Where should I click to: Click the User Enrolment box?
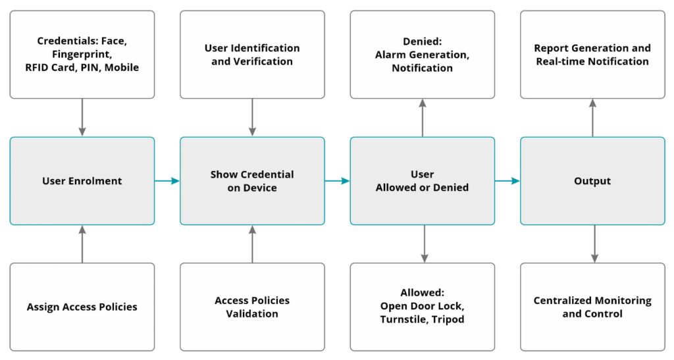[x=82, y=181]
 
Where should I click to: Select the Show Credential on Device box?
[x=252, y=181]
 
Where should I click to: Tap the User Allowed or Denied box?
[x=423, y=181]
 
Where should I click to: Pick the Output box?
[x=593, y=181]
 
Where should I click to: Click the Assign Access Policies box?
[x=82, y=307]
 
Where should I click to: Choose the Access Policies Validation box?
[x=252, y=307]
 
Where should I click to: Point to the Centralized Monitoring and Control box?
[x=593, y=307]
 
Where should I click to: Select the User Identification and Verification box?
[x=252, y=55]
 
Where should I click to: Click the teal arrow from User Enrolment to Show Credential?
[x=167, y=181]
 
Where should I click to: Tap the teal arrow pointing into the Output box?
[x=507, y=181]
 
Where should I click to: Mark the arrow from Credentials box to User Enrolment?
[x=82, y=118]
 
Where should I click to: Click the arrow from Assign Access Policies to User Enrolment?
[x=82, y=244]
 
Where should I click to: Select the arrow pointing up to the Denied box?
[x=423, y=118]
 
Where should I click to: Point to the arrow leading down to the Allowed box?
[x=425, y=244]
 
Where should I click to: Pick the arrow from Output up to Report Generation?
[x=593, y=118]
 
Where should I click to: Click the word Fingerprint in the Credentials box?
[x=81, y=55]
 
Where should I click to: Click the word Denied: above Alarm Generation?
[x=422, y=41]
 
